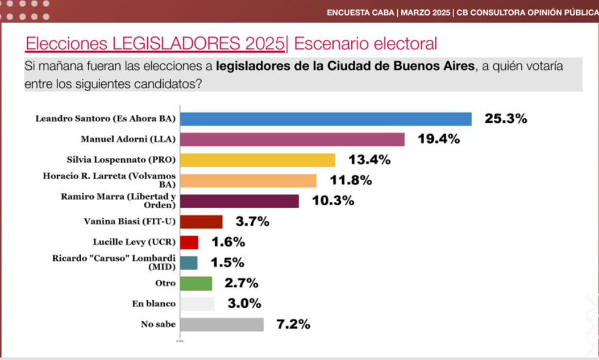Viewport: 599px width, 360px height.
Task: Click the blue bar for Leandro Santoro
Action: click(x=326, y=119)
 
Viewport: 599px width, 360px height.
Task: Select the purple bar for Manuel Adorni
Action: click(x=292, y=139)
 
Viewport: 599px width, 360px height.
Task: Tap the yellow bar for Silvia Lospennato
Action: click(x=257, y=160)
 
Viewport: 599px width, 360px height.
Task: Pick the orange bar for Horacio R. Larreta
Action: click(x=248, y=181)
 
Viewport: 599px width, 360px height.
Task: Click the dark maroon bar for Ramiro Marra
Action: click(x=239, y=201)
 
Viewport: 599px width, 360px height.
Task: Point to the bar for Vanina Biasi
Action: click(x=201, y=222)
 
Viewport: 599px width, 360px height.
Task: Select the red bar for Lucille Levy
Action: click(x=189, y=242)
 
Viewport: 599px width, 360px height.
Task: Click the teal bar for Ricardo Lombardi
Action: click(x=189, y=263)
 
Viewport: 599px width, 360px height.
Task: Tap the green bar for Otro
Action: click(x=196, y=283)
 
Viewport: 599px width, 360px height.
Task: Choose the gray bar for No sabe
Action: click(x=222, y=324)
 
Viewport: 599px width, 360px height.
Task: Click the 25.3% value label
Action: click(x=506, y=119)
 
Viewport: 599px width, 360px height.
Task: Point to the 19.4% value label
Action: click(x=438, y=139)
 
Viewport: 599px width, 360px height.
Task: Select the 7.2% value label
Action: click(x=293, y=325)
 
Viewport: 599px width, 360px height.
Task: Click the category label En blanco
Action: click(x=154, y=304)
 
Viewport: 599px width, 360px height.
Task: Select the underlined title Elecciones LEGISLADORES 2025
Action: click(x=155, y=43)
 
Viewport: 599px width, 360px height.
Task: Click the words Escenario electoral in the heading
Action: click(x=365, y=43)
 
